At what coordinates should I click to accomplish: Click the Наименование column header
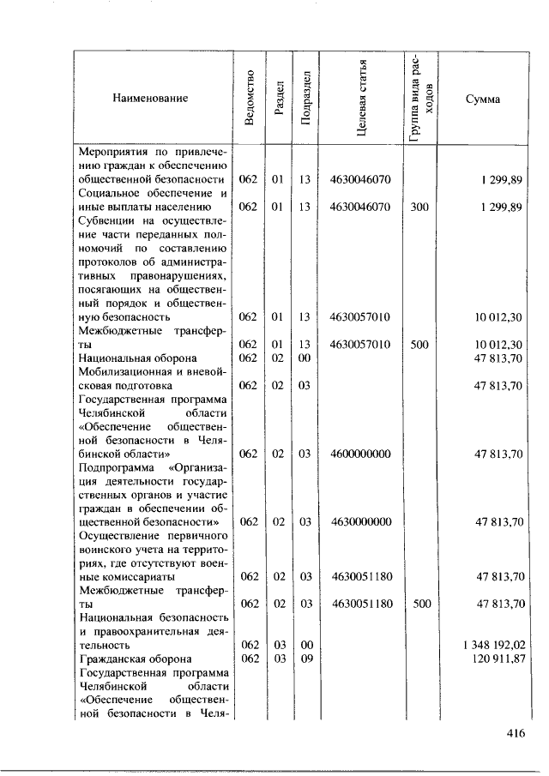coord(149,99)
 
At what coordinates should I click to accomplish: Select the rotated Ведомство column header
coord(249,99)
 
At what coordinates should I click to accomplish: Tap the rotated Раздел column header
coord(278,99)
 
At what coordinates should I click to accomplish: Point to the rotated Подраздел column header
coord(305,99)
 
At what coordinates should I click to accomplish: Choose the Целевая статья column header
coord(361,99)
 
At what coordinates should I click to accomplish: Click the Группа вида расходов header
coord(420,99)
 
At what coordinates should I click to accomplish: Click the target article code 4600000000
coord(360,454)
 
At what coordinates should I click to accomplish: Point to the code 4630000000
coord(360,521)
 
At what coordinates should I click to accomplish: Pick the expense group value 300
coord(419,207)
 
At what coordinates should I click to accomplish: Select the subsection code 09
coord(305,658)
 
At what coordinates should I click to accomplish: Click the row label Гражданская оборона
coord(129,658)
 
